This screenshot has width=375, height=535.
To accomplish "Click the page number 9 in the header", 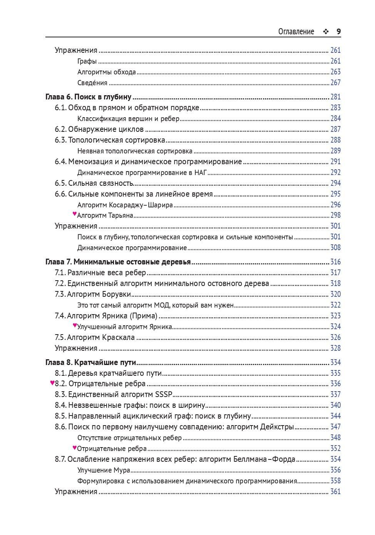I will click(x=338, y=32).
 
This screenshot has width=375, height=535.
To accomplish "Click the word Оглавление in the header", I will click(x=296, y=32).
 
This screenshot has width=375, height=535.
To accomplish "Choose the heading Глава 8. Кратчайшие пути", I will click(x=91, y=362).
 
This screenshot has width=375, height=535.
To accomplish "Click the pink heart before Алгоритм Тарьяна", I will click(x=75, y=214).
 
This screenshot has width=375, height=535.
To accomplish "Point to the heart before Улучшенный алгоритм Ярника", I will click(x=75, y=325).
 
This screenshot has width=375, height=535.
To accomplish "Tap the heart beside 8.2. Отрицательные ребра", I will click(x=52, y=383).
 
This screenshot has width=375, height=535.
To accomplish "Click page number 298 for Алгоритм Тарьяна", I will click(x=335, y=215).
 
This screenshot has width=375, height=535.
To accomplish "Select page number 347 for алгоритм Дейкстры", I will click(x=335, y=427).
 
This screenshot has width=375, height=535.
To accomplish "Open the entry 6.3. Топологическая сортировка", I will click(x=110, y=140).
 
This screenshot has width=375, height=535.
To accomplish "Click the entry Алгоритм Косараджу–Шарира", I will click(x=125, y=205).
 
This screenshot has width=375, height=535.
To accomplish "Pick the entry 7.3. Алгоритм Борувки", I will click(x=93, y=294).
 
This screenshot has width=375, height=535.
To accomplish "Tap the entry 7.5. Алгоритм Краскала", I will click(x=95, y=337).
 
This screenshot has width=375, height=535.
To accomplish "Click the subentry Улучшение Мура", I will click(x=104, y=470).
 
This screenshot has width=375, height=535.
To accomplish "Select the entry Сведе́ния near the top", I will click(x=92, y=82).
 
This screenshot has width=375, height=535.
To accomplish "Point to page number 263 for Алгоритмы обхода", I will click(x=335, y=72).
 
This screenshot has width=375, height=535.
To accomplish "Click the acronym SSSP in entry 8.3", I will click(x=164, y=394).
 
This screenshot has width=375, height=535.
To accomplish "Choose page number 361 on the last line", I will click(x=335, y=491).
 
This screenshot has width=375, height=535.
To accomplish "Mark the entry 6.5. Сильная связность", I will click(x=94, y=183).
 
